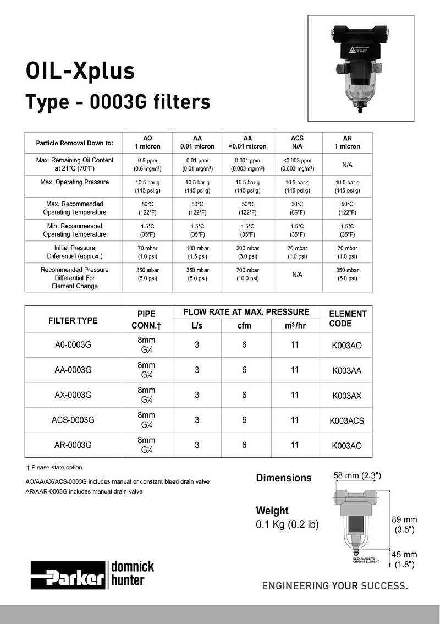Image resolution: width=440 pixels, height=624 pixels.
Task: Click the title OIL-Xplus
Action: pyautogui.click(x=80, y=71)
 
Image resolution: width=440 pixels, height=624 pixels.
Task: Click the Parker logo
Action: pyautogui.click(x=68, y=575)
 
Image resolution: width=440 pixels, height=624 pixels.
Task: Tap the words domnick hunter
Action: pyautogui.click(x=133, y=573)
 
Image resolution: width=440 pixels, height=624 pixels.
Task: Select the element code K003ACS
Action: pyautogui.click(x=346, y=421)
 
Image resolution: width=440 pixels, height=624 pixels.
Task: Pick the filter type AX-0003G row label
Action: pyautogui.click(x=73, y=395)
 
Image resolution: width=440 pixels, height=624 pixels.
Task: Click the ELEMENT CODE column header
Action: pyautogui.click(x=348, y=319)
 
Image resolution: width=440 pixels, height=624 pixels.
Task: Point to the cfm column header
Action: pyautogui.click(x=244, y=325)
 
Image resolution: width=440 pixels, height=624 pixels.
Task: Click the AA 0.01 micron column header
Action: pyautogui.click(x=197, y=143)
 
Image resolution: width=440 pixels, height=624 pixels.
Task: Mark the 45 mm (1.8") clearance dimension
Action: pyautogui.click(x=406, y=560)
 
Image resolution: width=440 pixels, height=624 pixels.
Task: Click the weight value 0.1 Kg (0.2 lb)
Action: pyautogui.click(x=287, y=524)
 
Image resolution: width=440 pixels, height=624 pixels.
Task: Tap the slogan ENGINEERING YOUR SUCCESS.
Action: pyautogui.click(x=335, y=585)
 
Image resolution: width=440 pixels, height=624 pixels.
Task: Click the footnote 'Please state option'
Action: pyautogui.click(x=54, y=467)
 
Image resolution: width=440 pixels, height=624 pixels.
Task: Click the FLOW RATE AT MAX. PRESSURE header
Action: pyautogui.click(x=246, y=312)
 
